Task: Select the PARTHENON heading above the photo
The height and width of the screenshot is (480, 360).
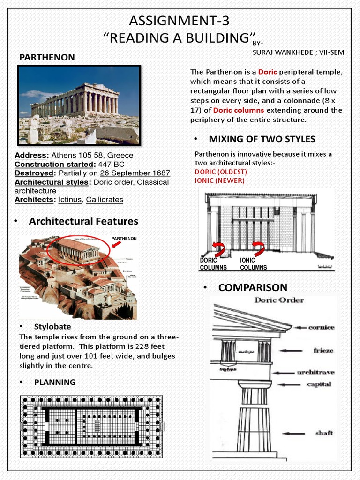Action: point(47,57)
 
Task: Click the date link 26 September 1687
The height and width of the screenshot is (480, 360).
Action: point(135,173)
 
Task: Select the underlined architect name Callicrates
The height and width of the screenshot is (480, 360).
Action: point(105,200)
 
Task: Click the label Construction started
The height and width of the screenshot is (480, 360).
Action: point(54,164)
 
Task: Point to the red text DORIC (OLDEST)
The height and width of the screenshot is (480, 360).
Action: point(221,172)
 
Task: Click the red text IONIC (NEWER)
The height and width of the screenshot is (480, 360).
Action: point(219,180)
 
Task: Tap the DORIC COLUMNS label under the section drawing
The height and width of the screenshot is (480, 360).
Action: point(213,263)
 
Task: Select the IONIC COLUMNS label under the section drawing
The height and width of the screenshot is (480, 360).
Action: point(253,263)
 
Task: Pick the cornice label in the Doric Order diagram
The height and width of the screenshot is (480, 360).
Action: point(321,327)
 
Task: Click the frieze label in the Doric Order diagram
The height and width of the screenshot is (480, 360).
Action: point(323,350)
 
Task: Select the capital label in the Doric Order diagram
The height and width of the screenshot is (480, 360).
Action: point(319,384)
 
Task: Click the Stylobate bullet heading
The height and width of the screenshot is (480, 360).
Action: point(52,326)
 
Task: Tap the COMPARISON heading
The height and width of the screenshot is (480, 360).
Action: point(253,287)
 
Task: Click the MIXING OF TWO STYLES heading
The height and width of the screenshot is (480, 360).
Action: point(262,139)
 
